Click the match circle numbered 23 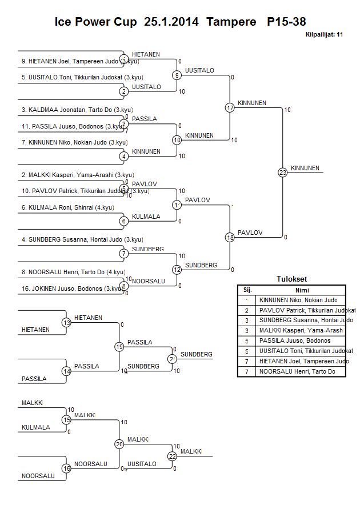(282, 173)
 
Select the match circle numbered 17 (230, 108)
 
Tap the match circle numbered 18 (230, 238)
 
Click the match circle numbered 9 (177, 75)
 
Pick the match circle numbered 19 (119, 347)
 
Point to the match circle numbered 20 (119, 444)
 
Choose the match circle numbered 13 (66, 323)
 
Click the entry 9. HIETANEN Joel (74, 61)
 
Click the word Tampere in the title (231, 22)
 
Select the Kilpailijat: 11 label (324, 35)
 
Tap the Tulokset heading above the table (291, 279)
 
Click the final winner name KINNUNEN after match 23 (305, 168)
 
